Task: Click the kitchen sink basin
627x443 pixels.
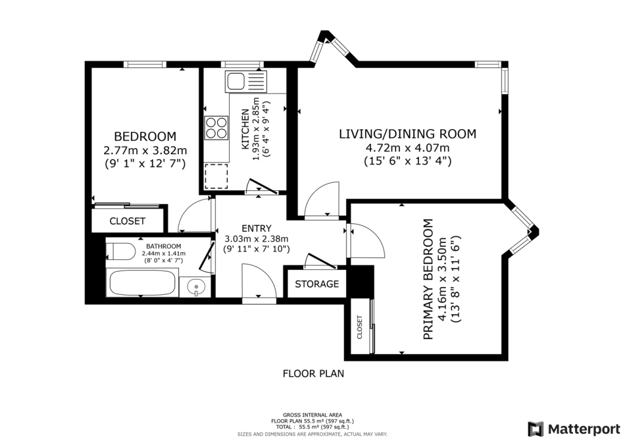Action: point(236,82)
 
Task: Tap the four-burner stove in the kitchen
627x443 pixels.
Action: point(216,128)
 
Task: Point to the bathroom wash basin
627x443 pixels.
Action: point(195,286)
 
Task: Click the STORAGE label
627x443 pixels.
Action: point(317,284)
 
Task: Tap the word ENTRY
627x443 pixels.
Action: point(257,228)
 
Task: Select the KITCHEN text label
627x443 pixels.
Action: point(246,130)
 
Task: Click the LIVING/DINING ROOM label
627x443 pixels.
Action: point(407,134)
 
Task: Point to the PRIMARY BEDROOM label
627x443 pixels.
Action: point(428,279)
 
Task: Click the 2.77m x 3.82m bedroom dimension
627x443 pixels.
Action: point(145,151)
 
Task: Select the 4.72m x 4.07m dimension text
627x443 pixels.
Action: point(407,148)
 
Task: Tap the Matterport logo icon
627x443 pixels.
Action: point(536,429)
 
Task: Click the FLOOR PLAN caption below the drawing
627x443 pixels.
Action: point(313,373)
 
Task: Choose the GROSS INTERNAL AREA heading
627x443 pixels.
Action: point(312,415)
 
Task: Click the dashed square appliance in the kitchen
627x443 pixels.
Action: point(216,176)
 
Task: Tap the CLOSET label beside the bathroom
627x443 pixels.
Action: point(127,221)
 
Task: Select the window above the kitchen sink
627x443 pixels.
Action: point(242,64)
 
